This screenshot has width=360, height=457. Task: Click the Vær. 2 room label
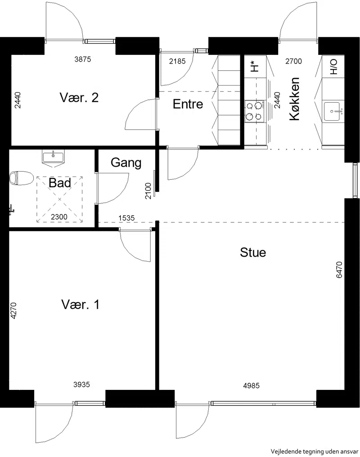click(x=79, y=97)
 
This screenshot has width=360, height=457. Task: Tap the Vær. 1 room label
click(x=81, y=304)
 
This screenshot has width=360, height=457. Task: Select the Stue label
click(x=253, y=252)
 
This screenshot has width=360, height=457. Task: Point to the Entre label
click(x=188, y=104)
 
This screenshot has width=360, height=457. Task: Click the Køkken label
click(x=294, y=99)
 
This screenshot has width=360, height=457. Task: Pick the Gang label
click(x=126, y=163)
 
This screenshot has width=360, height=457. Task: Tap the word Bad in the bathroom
click(x=60, y=183)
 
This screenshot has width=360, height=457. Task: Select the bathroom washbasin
click(x=53, y=158)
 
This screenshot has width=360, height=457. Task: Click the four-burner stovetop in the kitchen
click(x=255, y=111)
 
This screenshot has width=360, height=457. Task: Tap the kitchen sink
click(x=333, y=111)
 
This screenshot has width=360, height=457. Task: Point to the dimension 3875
click(x=83, y=59)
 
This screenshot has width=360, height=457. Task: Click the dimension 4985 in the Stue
click(x=251, y=385)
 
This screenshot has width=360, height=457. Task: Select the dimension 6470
click(x=339, y=270)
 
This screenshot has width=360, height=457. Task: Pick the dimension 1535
click(x=126, y=218)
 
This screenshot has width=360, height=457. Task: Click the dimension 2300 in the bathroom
click(x=59, y=217)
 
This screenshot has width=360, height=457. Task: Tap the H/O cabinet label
click(x=333, y=67)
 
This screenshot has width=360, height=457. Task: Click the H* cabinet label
click(x=254, y=67)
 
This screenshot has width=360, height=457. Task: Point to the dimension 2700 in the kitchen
click(x=293, y=61)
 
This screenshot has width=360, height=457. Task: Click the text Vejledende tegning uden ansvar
click(x=314, y=452)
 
